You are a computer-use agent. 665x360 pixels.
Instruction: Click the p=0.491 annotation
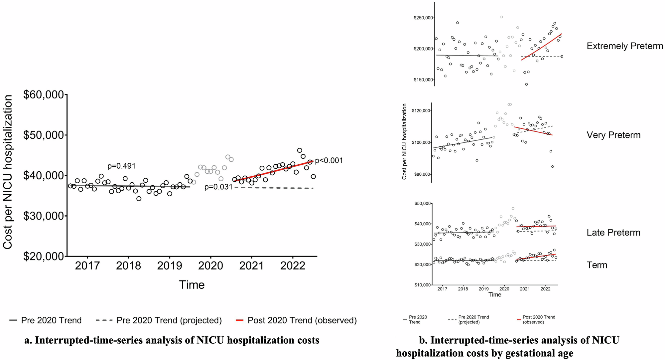[x=121, y=166]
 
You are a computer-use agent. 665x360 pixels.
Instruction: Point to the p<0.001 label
[x=329, y=161]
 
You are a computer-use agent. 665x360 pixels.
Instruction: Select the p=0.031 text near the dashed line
[x=218, y=187]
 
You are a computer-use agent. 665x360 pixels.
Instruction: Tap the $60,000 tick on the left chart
[x=44, y=95]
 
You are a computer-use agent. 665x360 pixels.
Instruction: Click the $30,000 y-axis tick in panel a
[x=44, y=216]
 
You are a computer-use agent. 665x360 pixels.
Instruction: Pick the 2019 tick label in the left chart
[x=170, y=266]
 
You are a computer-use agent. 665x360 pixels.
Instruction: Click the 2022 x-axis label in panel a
[x=293, y=266]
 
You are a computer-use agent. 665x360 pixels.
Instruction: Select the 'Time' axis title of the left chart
[x=192, y=285]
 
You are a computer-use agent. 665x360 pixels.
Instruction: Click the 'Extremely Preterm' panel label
[x=625, y=46]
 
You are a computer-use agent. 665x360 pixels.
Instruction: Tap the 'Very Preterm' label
[x=613, y=135]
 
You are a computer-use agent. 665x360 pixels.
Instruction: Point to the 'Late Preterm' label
[x=613, y=233]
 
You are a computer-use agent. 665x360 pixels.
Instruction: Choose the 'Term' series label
[x=597, y=265]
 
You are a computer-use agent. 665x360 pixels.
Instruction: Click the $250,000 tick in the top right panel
[x=423, y=18]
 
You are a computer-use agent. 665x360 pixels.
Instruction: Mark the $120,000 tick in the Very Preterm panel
[x=422, y=111]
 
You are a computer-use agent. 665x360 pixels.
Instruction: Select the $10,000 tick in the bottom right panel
[x=422, y=285]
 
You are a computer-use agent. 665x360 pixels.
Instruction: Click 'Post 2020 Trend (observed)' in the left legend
[x=302, y=320]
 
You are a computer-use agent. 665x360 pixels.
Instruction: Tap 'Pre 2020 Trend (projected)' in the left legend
[x=169, y=320]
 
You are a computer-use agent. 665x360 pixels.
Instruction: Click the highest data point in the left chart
[x=300, y=150]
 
